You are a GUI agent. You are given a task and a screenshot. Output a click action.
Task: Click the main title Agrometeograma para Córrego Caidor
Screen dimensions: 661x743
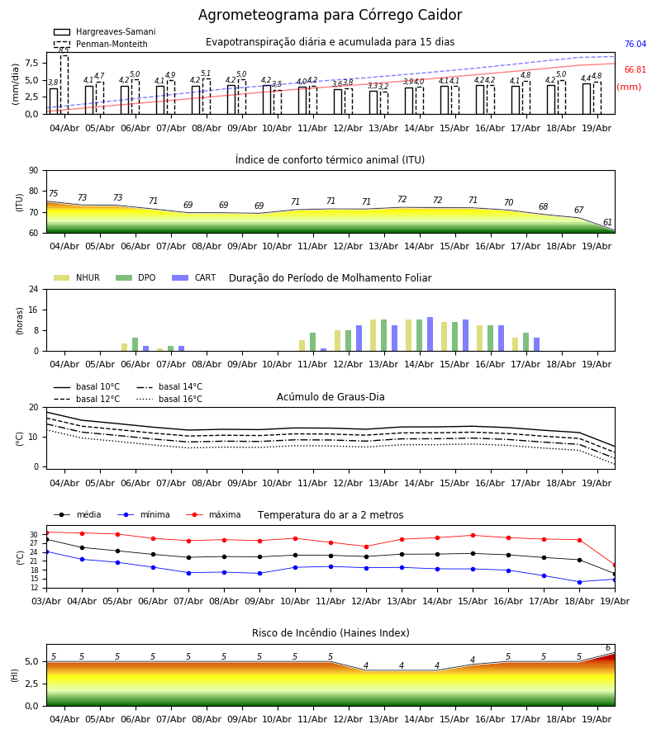click(x=330, y=15)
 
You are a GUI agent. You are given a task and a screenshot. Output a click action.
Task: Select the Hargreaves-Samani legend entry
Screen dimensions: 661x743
click(x=104, y=31)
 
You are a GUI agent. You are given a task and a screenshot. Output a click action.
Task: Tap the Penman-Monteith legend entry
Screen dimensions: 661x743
click(x=101, y=44)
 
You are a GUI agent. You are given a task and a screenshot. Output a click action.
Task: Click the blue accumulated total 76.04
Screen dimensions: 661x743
click(x=635, y=44)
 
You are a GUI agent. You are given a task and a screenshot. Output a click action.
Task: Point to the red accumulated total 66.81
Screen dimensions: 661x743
click(x=635, y=69)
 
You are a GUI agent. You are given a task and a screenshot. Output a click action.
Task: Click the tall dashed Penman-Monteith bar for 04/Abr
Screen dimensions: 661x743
click(x=64, y=85)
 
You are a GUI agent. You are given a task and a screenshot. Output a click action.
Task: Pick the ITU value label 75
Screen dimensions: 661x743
click(x=53, y=193)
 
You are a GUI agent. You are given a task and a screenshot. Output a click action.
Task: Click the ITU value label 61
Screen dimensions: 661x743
click(x=607, y=222)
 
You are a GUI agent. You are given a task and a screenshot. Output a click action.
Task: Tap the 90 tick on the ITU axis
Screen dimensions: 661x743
click(x=34, y=171)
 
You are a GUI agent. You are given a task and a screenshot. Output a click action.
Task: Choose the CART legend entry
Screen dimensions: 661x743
click(x=194, y=277)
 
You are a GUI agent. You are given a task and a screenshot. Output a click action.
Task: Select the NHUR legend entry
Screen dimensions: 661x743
click(x=77, y=277)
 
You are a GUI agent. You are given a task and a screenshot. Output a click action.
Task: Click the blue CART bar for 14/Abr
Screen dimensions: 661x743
click(x=430, y=334)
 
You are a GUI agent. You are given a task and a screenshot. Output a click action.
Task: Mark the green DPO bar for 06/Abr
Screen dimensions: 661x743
click(x=136, y=344)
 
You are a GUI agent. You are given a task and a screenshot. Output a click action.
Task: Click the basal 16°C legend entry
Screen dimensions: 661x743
click(x=169, y=399)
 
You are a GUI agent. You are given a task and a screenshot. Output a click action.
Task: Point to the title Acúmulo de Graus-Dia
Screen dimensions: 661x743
click(x=330, y=396)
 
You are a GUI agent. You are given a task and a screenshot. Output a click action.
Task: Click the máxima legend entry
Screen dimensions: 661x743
click(x=213, y=514)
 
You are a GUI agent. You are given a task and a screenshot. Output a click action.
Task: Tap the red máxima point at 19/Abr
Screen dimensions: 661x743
click(x=615, y=566)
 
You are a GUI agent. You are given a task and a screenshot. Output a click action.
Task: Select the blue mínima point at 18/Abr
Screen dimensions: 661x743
click(x=579, y=582)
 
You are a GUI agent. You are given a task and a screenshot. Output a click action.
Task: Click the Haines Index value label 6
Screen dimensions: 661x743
click(x=608, y=648)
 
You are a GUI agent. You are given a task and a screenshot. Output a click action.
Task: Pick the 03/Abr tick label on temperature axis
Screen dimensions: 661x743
click(x=46, y=601)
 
